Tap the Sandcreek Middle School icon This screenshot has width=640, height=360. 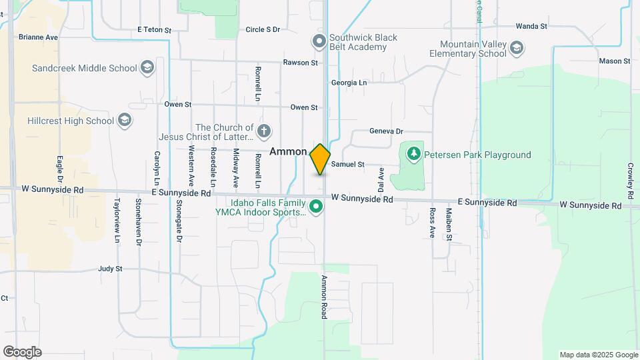[x=147, y=67]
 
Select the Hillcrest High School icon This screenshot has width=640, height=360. [x=124, y=121]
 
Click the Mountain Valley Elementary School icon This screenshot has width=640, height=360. [x=517, y=48]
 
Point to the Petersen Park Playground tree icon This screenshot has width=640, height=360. [x=414, y=155]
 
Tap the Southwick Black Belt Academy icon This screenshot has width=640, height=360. [x=319, y=42]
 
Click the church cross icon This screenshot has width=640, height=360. [x=264, y=131]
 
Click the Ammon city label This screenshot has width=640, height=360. [x=288, y=152]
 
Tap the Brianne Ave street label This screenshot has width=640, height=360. [x=38, y=37]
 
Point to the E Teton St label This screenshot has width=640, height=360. [x=154, y=30]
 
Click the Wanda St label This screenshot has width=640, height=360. [x=531, y=27]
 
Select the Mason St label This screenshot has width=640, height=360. [x=614, y=61]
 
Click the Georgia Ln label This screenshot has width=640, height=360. [x=349, y=83]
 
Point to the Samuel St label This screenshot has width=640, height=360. [x=347, y=164]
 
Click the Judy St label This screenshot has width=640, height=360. [x=110, y=269]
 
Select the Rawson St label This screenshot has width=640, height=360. [x=301, y=63]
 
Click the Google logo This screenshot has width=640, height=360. [x=22, y=352]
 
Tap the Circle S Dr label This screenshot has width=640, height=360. [x=263, y=30]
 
